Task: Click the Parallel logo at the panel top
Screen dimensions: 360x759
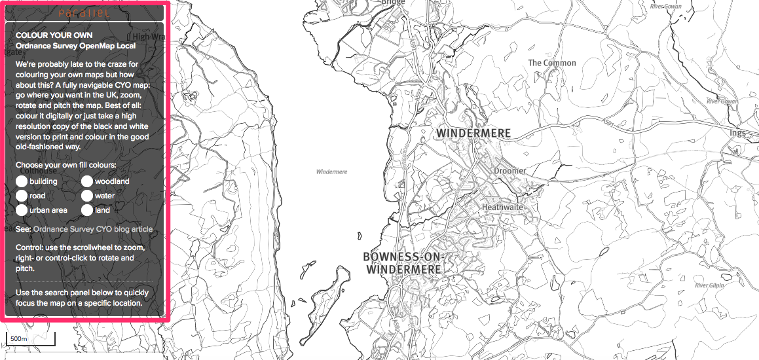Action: point(84,13)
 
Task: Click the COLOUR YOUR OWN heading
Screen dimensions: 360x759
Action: point(54,35)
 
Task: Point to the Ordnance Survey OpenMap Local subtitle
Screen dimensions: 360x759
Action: point(75,46)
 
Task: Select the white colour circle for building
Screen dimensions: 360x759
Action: point(22,181)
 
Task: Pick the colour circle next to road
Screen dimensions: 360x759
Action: point(22,196)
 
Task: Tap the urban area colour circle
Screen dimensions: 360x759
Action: point(22,210)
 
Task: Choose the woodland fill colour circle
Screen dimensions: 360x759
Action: point(87,181)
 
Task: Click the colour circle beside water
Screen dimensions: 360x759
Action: point(87,196)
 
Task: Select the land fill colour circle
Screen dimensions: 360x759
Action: point(87,210)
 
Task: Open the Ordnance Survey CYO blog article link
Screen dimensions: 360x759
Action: point(92,229)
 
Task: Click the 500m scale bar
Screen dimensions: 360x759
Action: point(30,339)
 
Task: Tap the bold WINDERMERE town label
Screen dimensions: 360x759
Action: point(473,134)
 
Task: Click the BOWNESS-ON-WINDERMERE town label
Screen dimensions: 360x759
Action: point(404,262)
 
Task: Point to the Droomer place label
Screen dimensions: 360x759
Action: point(509,171)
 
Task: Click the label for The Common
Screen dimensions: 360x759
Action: point(552,63)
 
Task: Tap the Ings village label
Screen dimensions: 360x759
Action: point(737,133)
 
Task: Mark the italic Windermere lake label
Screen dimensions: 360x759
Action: point(331,172)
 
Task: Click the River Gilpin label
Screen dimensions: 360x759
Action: point(710,286)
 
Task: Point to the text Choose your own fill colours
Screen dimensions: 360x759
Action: point(66,165)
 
